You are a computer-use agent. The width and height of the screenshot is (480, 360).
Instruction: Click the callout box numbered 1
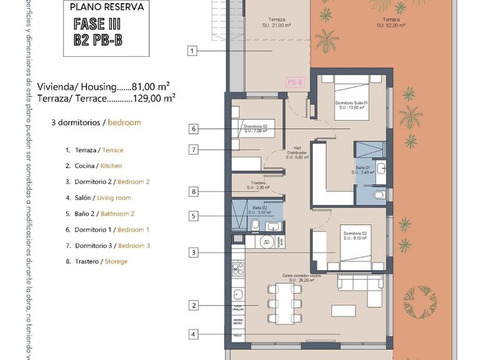pyautogui.click(x=192, y=51)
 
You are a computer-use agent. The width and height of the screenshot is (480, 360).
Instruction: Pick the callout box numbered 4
pyautogui.click(x=193, y=334)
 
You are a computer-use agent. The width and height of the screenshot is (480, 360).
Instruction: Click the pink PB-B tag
pyautogui.click(x=295, y=82)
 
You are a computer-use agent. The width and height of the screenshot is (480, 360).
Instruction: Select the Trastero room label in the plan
pyautogui.click(x=257, y=185)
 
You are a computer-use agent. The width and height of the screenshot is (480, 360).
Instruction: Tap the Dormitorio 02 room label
pyautogui.click(x=354, y=236)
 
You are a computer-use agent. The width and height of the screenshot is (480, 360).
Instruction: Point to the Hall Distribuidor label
pyautogui.click(x=296, y=154)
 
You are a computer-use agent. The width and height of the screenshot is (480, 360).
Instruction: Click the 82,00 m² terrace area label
pyautogui.click(x=392, y=22)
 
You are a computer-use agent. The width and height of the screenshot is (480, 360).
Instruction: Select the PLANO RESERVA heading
pyautogui.click(x=106, y=8)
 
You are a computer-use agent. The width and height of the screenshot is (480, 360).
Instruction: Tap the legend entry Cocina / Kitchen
pyautogui.click(x=94, y=166)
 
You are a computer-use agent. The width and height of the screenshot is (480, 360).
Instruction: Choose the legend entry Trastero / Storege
pyautogui.click(x=96, y=261)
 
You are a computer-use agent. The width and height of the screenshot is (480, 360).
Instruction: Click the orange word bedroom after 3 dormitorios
pyautogui.click(x=124, y=122)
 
